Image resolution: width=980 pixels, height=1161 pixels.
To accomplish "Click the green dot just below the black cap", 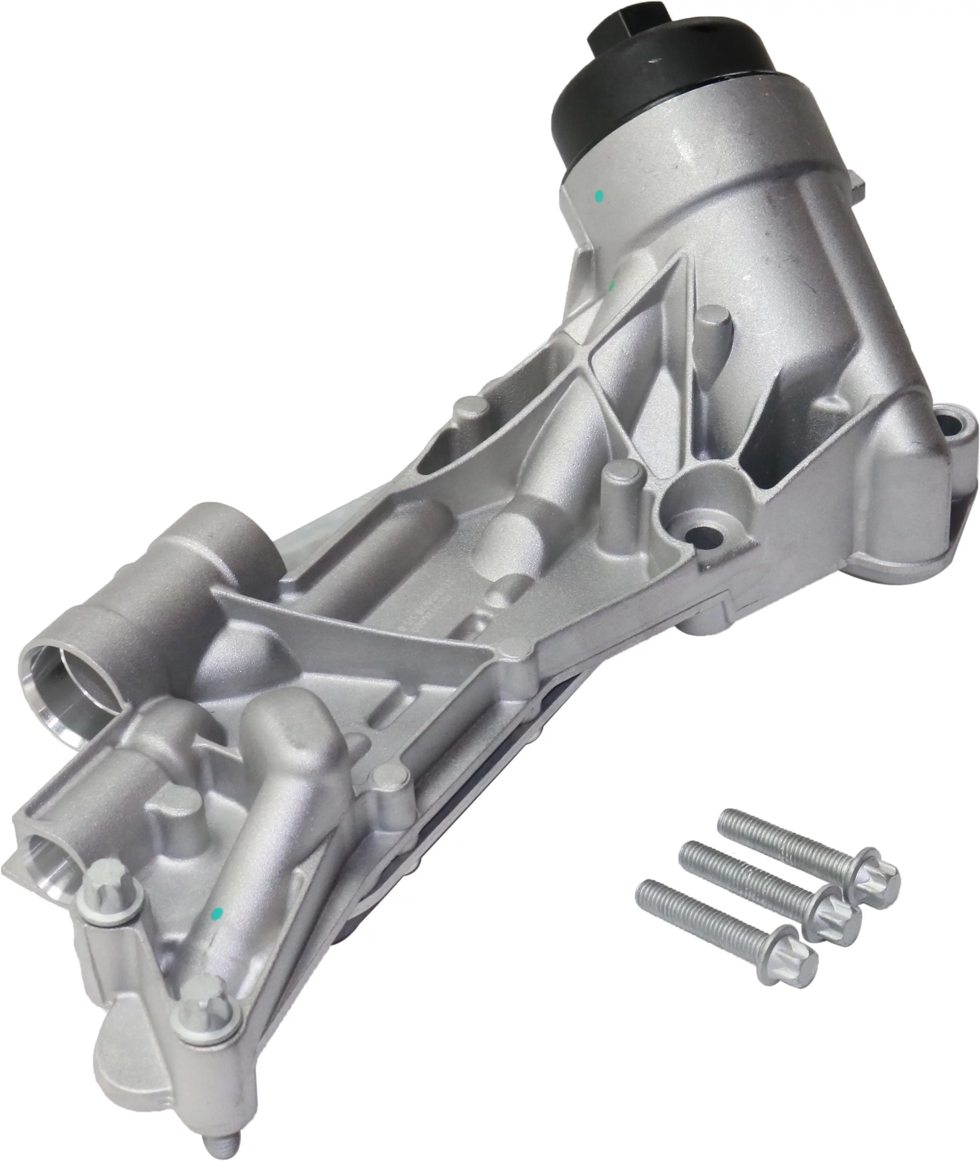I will coord(599,196).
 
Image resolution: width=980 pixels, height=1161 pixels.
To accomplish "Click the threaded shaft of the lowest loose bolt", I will coord(700,911).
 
